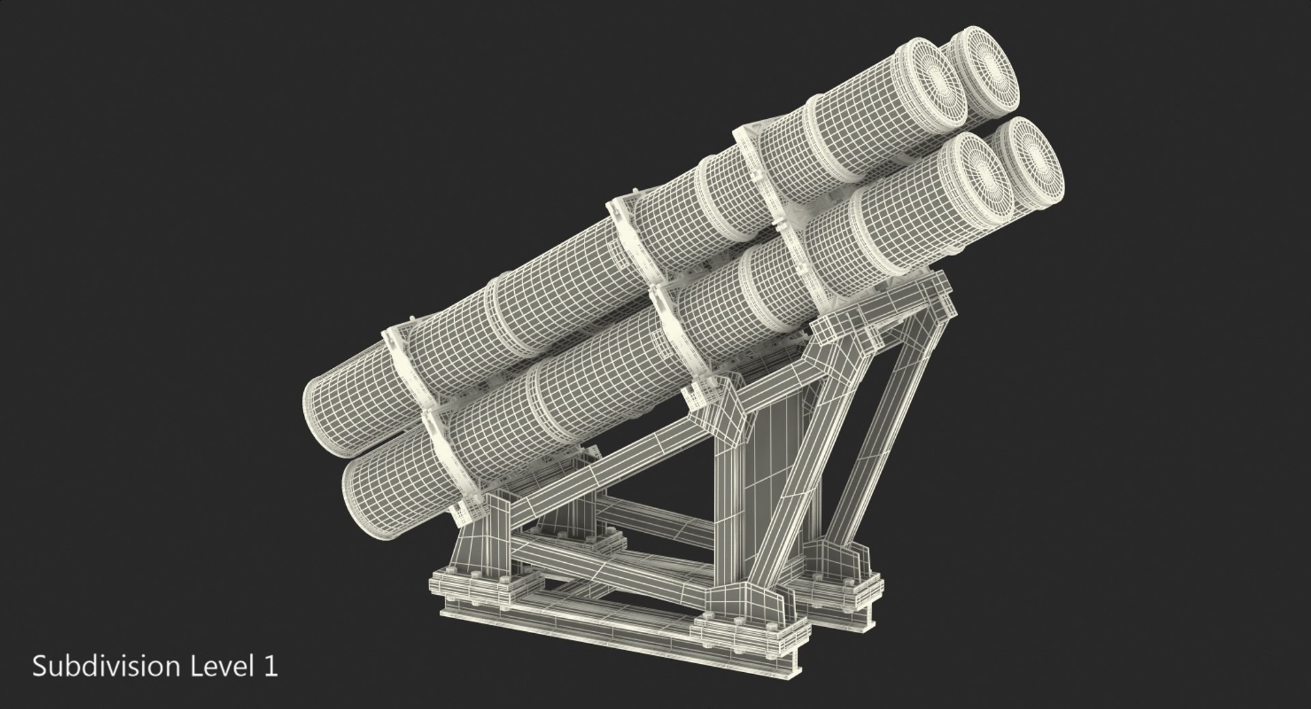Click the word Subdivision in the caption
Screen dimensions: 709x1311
(x=103, y=666)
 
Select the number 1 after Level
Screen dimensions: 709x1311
(x=271, y=666)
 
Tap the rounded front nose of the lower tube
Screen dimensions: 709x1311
(x=362, y=478)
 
